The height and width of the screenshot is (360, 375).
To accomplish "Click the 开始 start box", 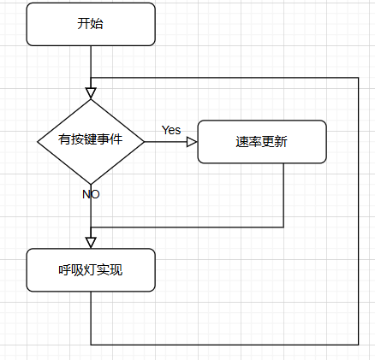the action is (x=91, y=24).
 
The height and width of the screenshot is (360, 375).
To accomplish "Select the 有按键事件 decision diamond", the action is (x=91, y=142).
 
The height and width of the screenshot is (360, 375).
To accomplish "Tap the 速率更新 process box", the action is (x=262, y=142).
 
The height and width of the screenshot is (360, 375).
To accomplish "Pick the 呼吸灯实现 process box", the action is (x=91, y=270).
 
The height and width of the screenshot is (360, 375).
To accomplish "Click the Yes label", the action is (x=171, y=130).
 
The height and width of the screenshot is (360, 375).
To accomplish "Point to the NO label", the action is (x=91, y=194).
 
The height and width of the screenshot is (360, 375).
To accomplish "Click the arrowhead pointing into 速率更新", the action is (x=192, y=142).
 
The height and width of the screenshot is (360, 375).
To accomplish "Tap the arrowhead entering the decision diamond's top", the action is (x=91, y=93).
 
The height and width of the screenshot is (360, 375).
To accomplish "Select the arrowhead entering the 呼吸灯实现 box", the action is (x=91, y=243).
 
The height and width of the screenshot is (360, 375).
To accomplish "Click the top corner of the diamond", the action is (x=91, y=99).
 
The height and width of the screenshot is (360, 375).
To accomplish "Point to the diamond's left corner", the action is (x=38, y=142).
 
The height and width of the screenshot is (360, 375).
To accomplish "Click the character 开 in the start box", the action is (x=83, y=23).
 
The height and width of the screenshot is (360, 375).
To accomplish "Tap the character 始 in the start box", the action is (x=97, y=23).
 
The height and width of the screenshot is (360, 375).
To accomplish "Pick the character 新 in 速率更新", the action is (x=281, y=142).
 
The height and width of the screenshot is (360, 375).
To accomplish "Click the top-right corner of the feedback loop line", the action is (x=358, y=78).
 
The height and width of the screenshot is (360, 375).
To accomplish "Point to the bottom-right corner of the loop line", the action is (x=358, y=345).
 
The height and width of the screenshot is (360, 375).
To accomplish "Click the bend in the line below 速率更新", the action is (x=283, y=227).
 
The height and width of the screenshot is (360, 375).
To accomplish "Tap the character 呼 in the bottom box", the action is (x=65, y=269).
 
